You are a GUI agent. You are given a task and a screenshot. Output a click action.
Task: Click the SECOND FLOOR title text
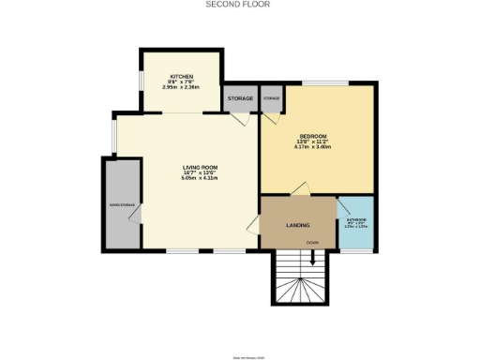coord(239,5)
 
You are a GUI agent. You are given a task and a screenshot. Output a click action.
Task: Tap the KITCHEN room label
coord(181,77)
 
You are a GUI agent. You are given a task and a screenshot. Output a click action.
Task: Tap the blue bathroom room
coord(354,225)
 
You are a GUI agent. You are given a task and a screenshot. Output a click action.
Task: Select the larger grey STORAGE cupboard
coord(239,98)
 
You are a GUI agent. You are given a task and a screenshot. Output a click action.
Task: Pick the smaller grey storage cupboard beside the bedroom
coord(271,98)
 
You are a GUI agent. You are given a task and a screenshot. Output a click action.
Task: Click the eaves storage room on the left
coord(122,203)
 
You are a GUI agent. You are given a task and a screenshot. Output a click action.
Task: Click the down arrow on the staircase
coord(300,266)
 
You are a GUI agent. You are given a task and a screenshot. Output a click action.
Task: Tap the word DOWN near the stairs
coord(311,244)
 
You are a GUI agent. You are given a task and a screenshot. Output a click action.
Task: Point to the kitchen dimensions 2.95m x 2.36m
coord(181,87)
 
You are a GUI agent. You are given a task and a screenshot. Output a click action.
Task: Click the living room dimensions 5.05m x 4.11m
coord(200,179)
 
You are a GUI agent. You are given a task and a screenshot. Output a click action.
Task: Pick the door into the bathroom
coord(340,207)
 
